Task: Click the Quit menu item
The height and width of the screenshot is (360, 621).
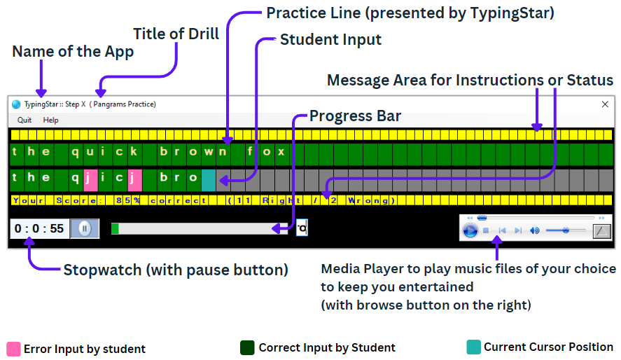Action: coord(25,120)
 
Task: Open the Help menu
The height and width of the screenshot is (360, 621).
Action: coord(50,120)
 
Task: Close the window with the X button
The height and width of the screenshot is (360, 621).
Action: coord(605,104)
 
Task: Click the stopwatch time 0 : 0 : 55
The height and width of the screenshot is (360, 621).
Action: coord(39,228)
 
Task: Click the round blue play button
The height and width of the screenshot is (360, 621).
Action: coord(470,230)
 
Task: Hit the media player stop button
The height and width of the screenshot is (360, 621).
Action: coord(486,230)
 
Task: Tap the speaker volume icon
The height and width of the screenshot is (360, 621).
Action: coord(534,230)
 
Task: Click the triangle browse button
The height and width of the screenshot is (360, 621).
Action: coord(601,230)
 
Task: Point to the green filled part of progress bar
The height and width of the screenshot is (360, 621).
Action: coord(115,228)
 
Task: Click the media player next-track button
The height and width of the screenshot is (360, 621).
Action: coord(518,230)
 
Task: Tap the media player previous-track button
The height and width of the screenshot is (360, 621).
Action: coord(502,230)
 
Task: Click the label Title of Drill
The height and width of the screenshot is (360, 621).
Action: coord(176,33)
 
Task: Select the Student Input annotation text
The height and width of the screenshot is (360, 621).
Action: coord(330,40)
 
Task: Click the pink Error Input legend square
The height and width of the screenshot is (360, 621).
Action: coord(13,348)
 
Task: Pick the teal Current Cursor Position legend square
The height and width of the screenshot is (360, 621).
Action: coord(473,347)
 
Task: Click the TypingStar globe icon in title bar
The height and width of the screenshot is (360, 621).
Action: coord(16,104)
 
